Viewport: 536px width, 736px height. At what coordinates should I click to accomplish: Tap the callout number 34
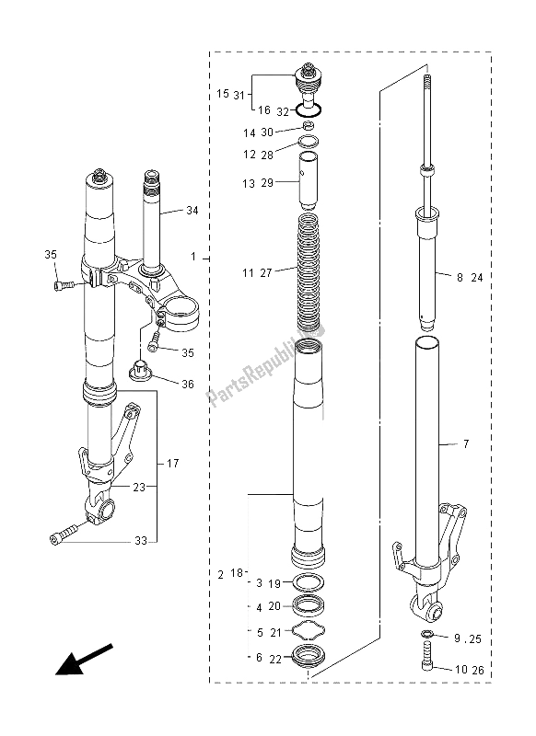[x=191, y=211]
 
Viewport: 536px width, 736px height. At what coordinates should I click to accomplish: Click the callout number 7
[x=466, y=444]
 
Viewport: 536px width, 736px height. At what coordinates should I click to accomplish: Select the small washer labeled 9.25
[x=427, y=636]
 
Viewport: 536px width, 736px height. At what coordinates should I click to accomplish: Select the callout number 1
[x=192, y=259]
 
